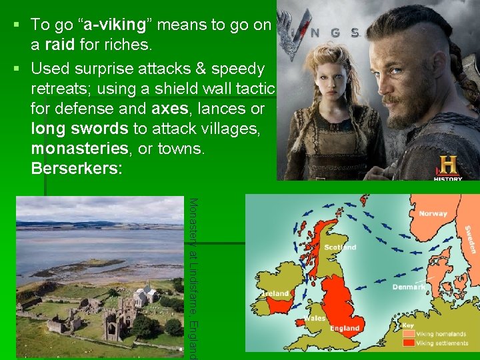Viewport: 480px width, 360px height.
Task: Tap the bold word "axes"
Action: (171, 109)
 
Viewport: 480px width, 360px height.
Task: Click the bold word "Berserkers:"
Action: (77, 169)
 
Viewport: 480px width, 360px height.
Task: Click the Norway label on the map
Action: (433, 213)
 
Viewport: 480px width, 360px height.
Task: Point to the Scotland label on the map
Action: (340, 247)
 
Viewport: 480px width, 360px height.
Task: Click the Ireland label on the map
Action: (276, 293)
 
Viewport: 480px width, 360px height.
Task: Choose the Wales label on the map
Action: (315, 318)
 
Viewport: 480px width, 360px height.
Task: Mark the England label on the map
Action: (345, 328)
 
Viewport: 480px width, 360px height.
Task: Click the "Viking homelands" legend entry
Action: (442, 334)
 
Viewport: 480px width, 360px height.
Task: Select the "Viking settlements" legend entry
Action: (443, 343)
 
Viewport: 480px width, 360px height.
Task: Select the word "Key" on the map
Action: (407, 326)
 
